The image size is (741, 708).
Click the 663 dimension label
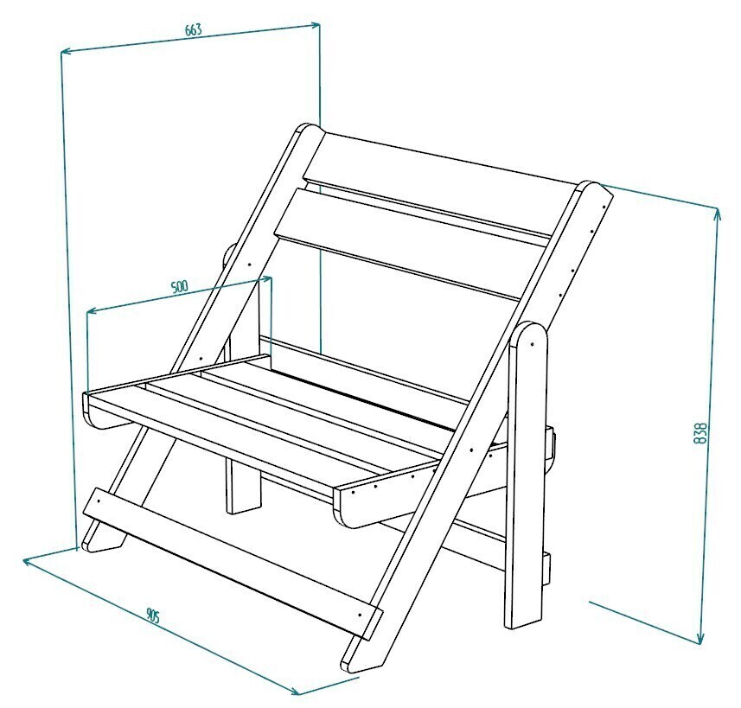click(x=194, y=29)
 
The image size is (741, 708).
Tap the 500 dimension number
click(x=179, y=287)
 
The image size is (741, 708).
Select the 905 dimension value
click(x=153, y=616)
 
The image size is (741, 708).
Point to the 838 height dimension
click(x=701, y=432)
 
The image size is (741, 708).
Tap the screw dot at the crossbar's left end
click(x=99, y=498)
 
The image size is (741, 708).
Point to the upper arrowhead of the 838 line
click(x=718, y=215)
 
